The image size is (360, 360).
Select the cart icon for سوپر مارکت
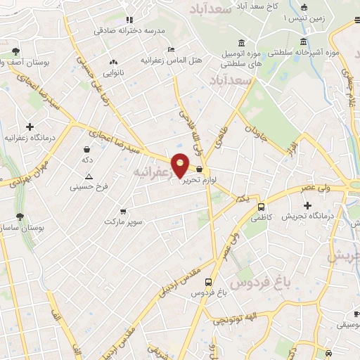click(124, 212)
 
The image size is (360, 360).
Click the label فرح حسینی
click(89, 188)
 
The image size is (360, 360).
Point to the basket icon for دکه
click(86, 149)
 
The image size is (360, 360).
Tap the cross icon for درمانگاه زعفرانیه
click(29, 127)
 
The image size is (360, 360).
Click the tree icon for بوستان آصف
click(15, 51)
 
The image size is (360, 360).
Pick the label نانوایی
click(113, 72)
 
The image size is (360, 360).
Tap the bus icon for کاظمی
click(262, 207)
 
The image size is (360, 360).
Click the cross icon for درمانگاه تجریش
click(307, 205)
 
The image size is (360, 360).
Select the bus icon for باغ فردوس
click(209, 281)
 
